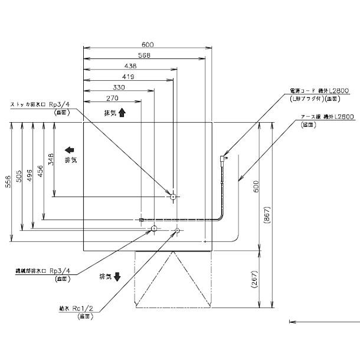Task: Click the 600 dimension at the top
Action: [148, 44]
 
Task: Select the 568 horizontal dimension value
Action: [145, 55]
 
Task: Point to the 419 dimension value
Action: [128, 77]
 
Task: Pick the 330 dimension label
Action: [118, 87]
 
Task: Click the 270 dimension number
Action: [113, 98]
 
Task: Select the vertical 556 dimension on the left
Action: [8, 182]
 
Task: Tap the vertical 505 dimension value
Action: [19, 177]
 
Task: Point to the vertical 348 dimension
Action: [51, 159]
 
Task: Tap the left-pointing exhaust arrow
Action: [69, 150]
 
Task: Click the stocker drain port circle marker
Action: [172, 196]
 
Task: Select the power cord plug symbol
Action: [225, 158]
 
